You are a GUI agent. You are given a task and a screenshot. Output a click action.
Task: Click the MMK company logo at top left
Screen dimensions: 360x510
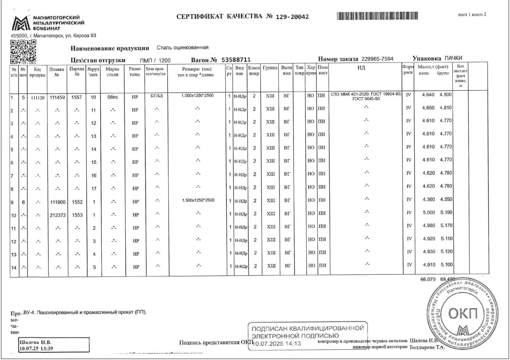tap(21, 23)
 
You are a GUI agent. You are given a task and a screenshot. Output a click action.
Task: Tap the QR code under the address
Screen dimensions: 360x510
tap(23, 52)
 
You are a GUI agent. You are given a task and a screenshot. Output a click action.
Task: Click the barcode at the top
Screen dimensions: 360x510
tap(377, 16)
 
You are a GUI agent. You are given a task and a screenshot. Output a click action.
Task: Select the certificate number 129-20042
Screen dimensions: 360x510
tap(292, 17)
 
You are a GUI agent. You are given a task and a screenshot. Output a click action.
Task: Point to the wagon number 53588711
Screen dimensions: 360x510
tap(236, 60)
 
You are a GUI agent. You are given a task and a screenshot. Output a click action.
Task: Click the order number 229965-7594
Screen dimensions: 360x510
tap(377, 59)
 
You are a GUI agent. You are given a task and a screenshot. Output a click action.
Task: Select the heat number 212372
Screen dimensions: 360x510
tap(57, 215)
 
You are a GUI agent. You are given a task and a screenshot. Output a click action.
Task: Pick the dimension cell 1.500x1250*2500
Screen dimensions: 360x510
tap(198, 200)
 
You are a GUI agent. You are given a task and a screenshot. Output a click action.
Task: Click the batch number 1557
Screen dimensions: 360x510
tap(76, 97)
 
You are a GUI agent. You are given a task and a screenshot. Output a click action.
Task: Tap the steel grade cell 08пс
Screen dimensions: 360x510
tap(113, 97)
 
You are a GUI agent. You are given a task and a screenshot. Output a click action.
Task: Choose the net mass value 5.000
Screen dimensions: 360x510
tap(429, 212)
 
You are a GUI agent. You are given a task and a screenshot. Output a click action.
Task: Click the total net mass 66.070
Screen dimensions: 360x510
tap(428, 279)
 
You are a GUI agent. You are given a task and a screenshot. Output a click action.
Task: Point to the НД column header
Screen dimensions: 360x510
tap(361, 68)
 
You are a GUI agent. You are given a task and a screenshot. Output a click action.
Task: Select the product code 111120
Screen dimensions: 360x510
tap(38, 98)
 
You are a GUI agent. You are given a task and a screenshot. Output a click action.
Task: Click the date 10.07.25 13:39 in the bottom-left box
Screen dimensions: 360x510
tap(36, 348)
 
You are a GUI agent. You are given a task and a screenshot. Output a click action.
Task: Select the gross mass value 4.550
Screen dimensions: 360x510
tap(446, 199)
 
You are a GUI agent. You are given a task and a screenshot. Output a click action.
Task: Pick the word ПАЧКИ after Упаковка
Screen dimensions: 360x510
tap(454, 58)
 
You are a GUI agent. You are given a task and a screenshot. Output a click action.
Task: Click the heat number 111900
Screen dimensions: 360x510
tap(57, 202)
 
